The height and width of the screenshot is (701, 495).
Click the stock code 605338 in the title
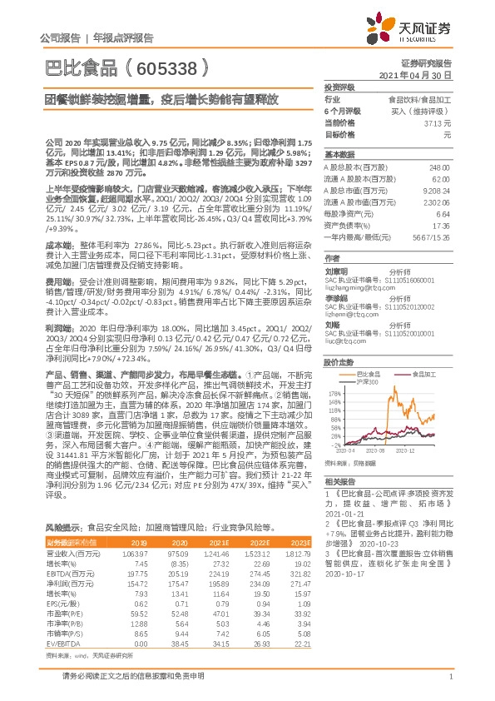(166, 65)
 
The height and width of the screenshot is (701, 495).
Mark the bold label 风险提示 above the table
(62, 529)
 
